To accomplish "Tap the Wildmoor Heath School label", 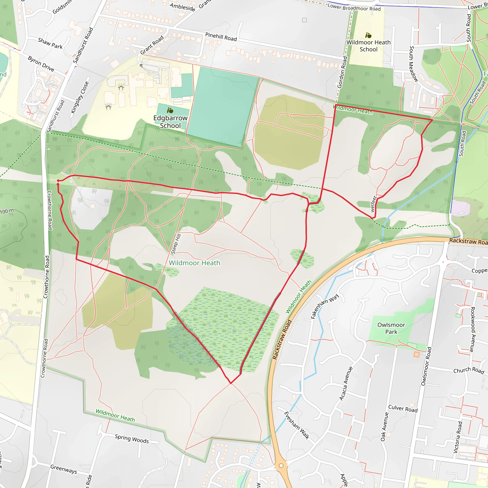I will pyautogui.click(x=369, y=46).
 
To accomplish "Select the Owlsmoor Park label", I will pyautogui.click(x=391, y=328).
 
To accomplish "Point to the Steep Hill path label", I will pyautogui.click(x=176, y=244).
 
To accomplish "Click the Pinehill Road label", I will pyautogui.click(x=221, y=37).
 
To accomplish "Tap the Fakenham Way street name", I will pyautogui.click(x=324, y=306).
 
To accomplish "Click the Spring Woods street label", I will pyautogui.click(x=132, y=438).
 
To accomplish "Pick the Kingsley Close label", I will pyautogui.click(x=80, y=97).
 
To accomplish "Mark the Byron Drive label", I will pyautogui.click(x=41, y=64).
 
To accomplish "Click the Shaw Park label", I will pyautogui.click(x=50, y=43).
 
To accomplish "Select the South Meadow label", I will pyautogui.click(x=413, y=64).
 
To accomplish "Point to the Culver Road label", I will pyautogui.click(x=403, y=408).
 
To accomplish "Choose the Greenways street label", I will pyautogui.click(x=64, y=469).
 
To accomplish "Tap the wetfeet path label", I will pyautogui.click(x=373, y=203).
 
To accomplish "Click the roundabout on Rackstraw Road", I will pyautogui.click(x=281, y=466).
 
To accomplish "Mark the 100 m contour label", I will pyautogui.click(x=7, y=211).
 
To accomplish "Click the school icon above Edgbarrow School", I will pyautogui.click(x=170, y=110).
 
